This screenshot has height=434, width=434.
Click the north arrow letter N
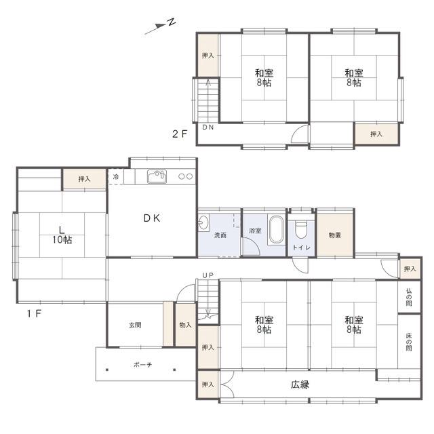pos(172,22)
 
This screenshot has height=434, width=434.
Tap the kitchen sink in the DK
pos(157,176)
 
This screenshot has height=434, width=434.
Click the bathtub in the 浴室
pos(277,229)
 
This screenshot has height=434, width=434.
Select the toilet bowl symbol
pos(301,229)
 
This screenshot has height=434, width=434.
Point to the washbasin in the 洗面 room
pos(203,222)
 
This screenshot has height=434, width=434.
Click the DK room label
pos(152,218)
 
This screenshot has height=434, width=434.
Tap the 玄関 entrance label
pos(135,325)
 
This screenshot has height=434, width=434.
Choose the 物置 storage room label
pos(334,235)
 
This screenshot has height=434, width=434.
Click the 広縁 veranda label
pos(300,384)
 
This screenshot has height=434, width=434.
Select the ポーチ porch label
pos(143,365)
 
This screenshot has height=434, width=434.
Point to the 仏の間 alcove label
pos(409,297)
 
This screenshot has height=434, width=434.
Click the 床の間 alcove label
pos(409,342)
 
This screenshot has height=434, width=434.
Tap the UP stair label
pos(208,275)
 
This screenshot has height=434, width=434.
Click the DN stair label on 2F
pos(208,127)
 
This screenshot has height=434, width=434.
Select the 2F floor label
pos(180,134)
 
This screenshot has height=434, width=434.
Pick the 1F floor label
pos(34,313)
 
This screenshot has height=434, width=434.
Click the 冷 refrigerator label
pos(116,176)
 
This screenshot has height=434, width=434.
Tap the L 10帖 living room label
pos(62,235)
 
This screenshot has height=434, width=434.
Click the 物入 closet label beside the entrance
pos(185,325)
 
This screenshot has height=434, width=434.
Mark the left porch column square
pos(107,370)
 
